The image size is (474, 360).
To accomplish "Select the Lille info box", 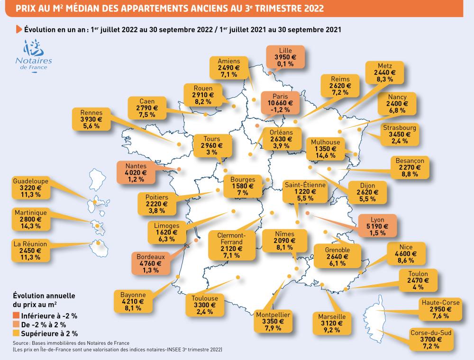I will coord(286,57).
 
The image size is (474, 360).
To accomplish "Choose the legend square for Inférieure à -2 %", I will coord(17,315).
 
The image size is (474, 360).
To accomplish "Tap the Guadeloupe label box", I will coord(32,188).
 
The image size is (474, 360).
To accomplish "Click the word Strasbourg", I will coord(401,128).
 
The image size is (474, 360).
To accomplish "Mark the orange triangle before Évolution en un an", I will coord(19,29).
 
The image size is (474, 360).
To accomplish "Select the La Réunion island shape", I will coord(100,245).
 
